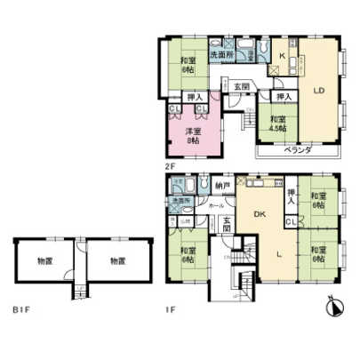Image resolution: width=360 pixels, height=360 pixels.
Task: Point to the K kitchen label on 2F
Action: point(282,58)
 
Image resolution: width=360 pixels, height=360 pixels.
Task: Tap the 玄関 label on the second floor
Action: point(241,86)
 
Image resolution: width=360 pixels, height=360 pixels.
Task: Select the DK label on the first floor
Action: point(260,213)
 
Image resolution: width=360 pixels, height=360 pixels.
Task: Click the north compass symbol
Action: point(334,307)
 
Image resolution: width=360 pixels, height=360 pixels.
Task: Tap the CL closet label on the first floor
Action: point(292,219)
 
